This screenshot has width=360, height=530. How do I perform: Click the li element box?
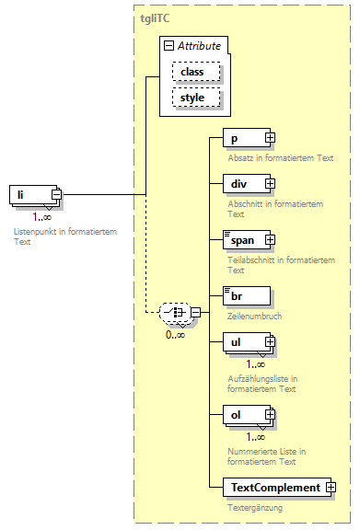(31, 194)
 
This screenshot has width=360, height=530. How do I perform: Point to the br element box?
(245, 295)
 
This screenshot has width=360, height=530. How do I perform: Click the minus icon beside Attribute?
(168, 44)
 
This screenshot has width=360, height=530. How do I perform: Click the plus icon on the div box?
(271, 183)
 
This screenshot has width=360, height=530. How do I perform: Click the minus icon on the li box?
(57, 194)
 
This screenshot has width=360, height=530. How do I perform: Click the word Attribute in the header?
(199, 44)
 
